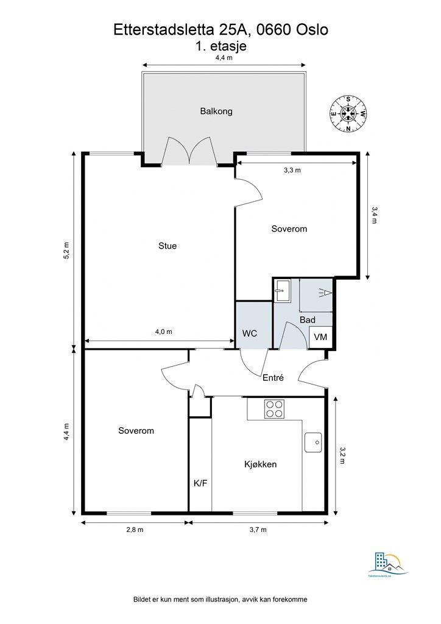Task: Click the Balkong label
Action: point(216,112)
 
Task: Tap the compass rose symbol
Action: point(348,113)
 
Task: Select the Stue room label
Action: point(168,246)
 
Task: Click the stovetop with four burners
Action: point(275,408)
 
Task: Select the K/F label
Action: point(200,484)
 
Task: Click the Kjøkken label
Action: point(261,464)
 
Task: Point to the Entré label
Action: point(273,378)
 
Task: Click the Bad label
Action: point(307,320)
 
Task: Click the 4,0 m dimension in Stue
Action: point(163,332)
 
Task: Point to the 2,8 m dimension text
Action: point(135,530)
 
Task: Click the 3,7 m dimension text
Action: point(258,530)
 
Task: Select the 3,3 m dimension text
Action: point(292,171)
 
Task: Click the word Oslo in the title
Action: point(311,30)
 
